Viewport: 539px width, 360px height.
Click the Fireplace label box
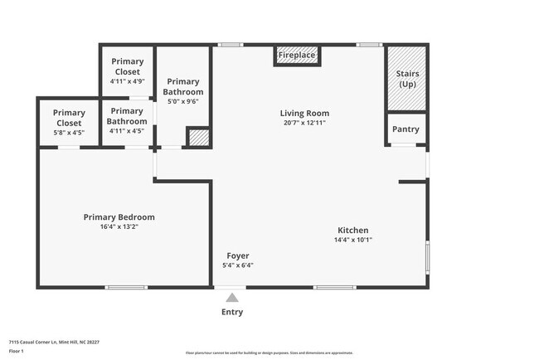296,56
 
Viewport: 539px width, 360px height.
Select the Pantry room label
406,129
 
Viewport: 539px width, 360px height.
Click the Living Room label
303,114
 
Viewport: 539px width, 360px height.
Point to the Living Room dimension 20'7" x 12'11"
303,123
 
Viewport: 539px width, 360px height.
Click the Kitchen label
352,231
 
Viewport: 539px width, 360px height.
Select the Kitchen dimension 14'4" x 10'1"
352,241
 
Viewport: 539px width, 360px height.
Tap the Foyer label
237,255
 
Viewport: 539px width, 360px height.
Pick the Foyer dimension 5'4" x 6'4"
237,265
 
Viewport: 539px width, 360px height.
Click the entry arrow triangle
232,297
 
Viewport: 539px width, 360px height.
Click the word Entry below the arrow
232,313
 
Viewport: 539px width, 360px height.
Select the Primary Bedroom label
119,217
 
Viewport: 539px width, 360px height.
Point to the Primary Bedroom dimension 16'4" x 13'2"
119,226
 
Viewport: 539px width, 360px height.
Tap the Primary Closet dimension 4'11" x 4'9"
127,81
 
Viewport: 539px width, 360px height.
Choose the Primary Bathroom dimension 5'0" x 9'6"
182,101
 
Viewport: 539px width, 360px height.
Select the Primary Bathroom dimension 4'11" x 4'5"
127,130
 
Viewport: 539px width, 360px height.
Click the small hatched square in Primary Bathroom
197,138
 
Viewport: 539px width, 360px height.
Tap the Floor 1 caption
17,352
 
